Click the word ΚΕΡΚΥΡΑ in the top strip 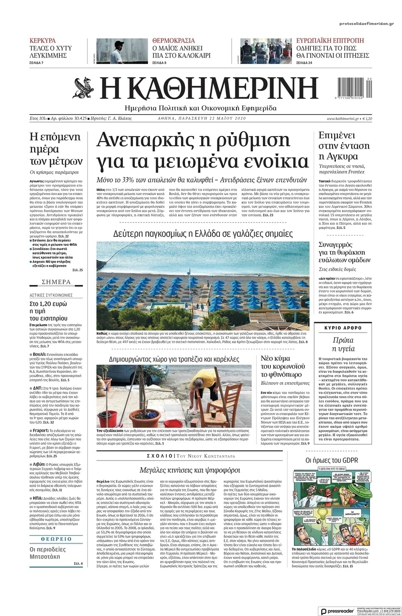[x=42, y=41]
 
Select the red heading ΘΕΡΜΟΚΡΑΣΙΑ [x=173, y=41]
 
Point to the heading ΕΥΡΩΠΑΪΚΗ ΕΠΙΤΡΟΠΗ [x=330, y=41]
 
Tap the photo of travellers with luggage [x=265, y=51]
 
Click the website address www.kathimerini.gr [x=343, y=119]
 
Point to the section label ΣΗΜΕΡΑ [x=56, y=282]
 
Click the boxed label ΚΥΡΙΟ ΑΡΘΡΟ [x=343, y=328]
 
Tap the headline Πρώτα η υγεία [x=343, y=343]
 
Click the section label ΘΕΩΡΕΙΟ [x=56, y=539]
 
